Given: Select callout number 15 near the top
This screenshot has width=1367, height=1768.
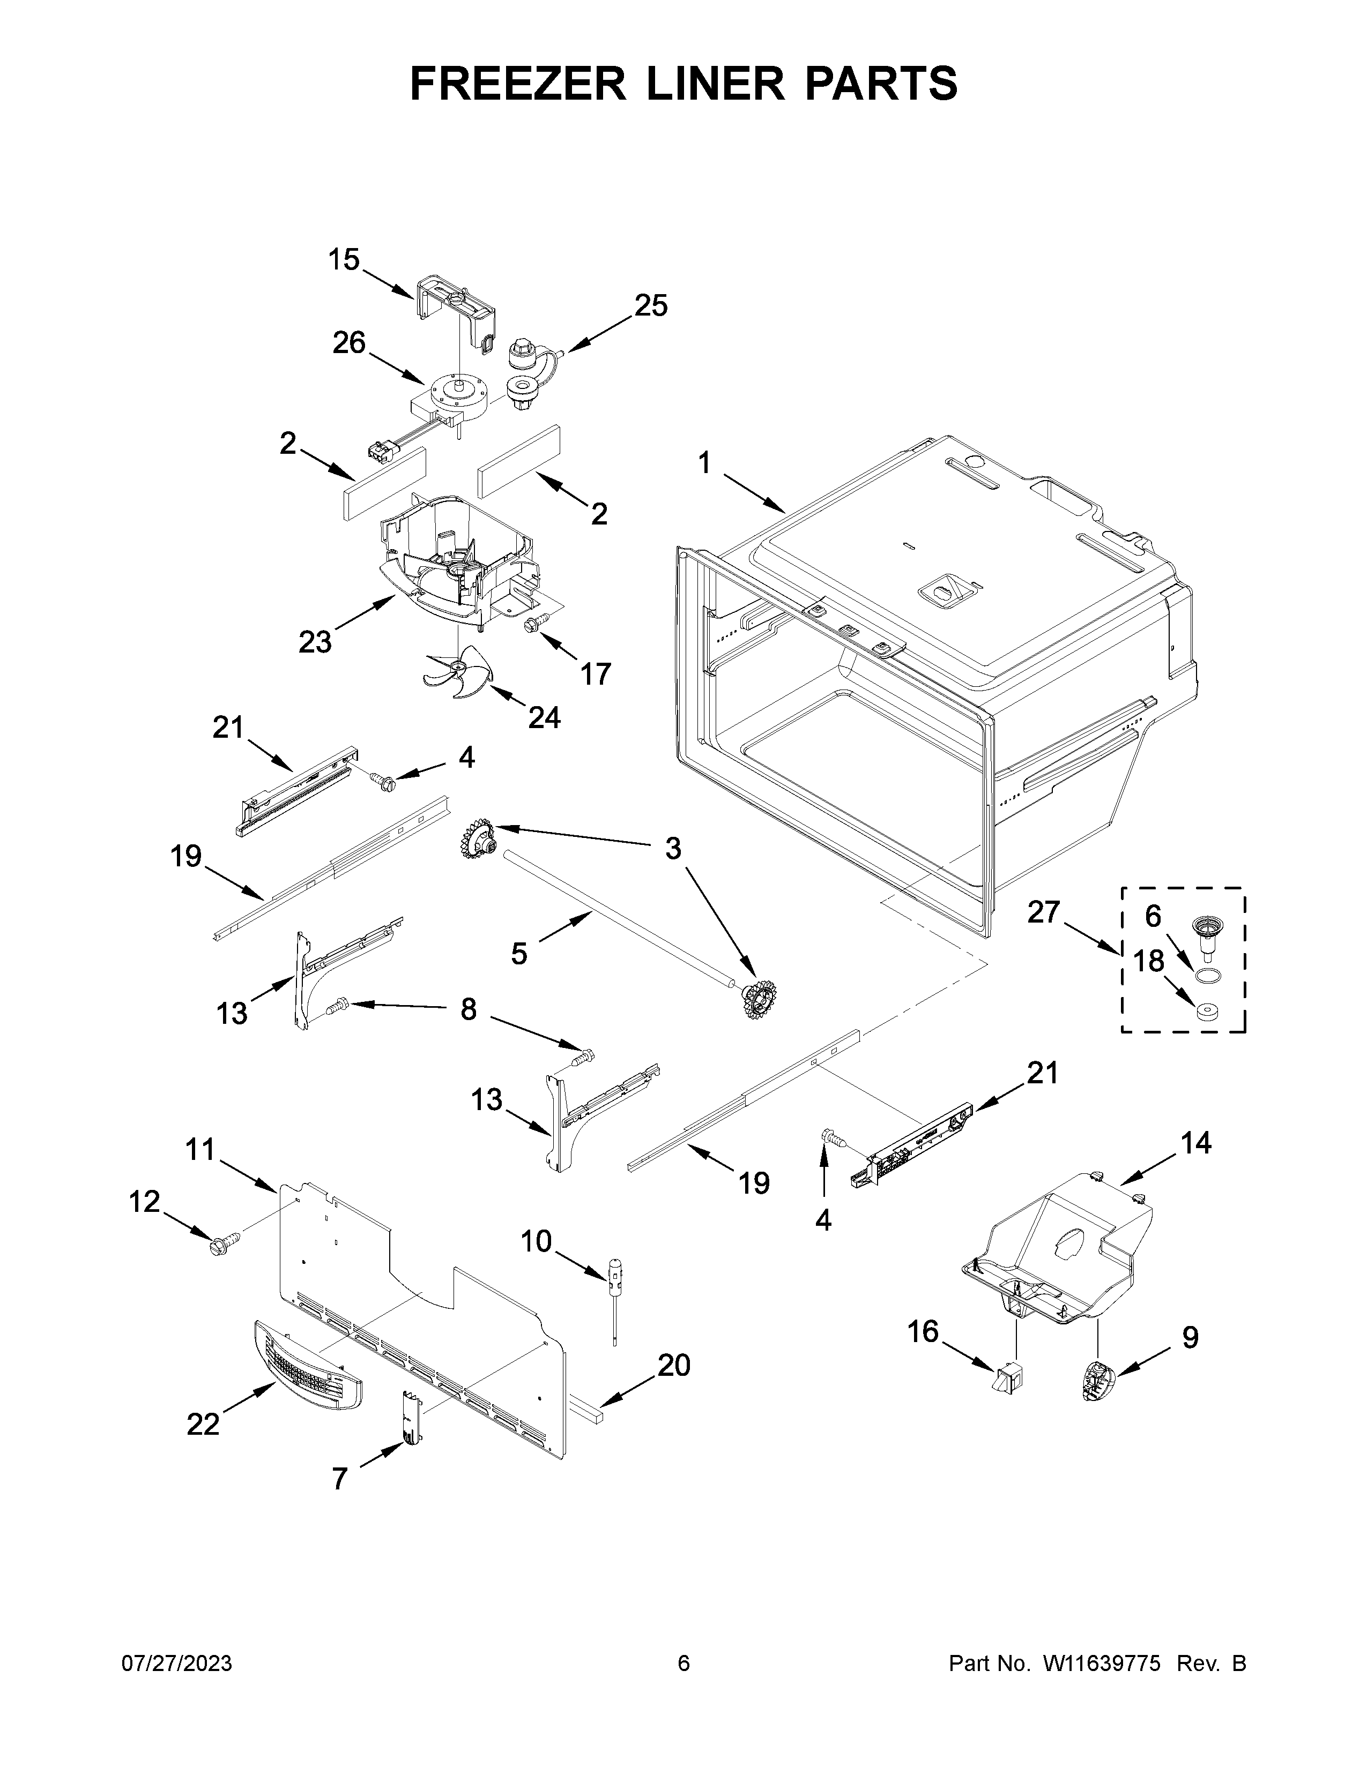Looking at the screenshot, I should (344, 261).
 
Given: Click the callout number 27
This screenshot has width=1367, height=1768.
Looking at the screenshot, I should (1043, 912).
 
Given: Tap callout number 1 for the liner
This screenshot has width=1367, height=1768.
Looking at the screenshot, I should (704, 464).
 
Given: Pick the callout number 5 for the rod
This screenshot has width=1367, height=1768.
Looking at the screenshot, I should (519, 954).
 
